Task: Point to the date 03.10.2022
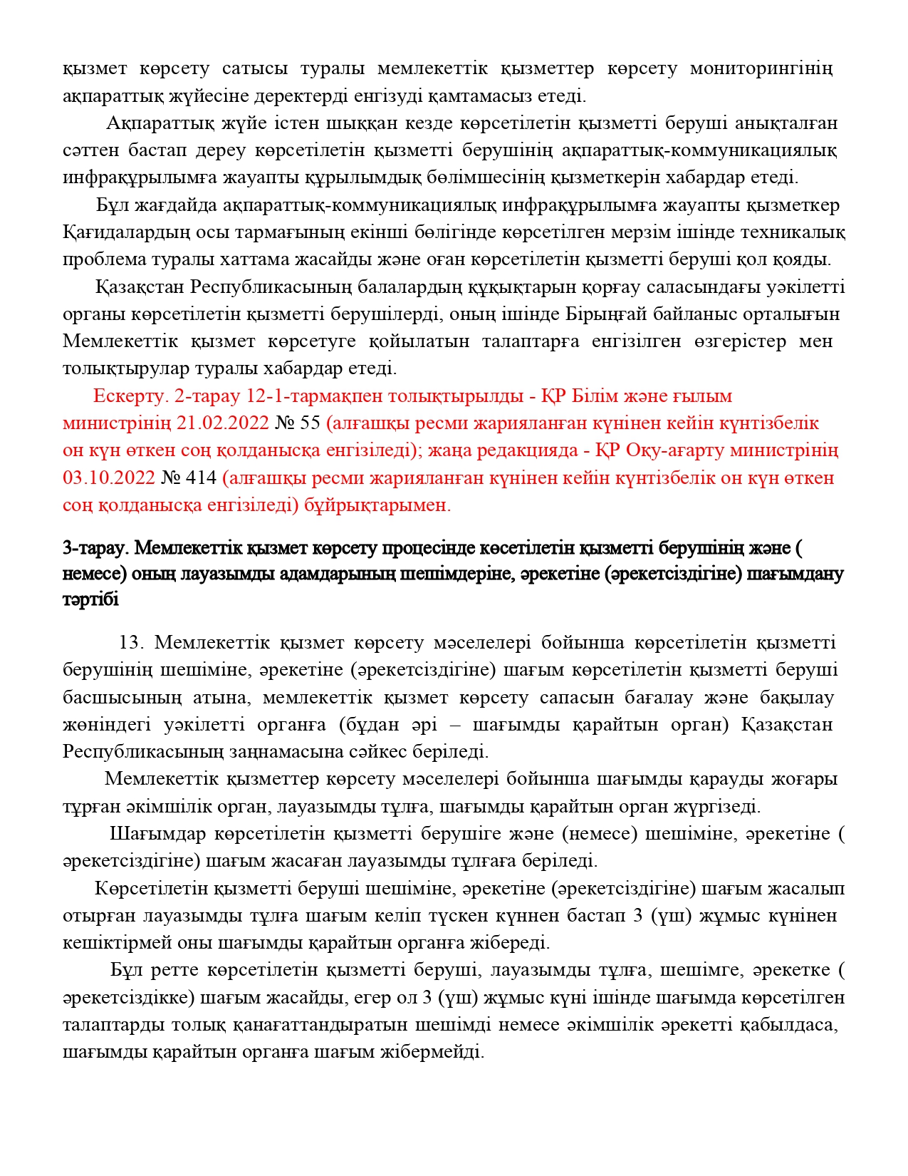point(108,478)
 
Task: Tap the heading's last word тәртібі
point(90,600)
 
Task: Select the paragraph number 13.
point(131,643)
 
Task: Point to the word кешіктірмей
point(113,943)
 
